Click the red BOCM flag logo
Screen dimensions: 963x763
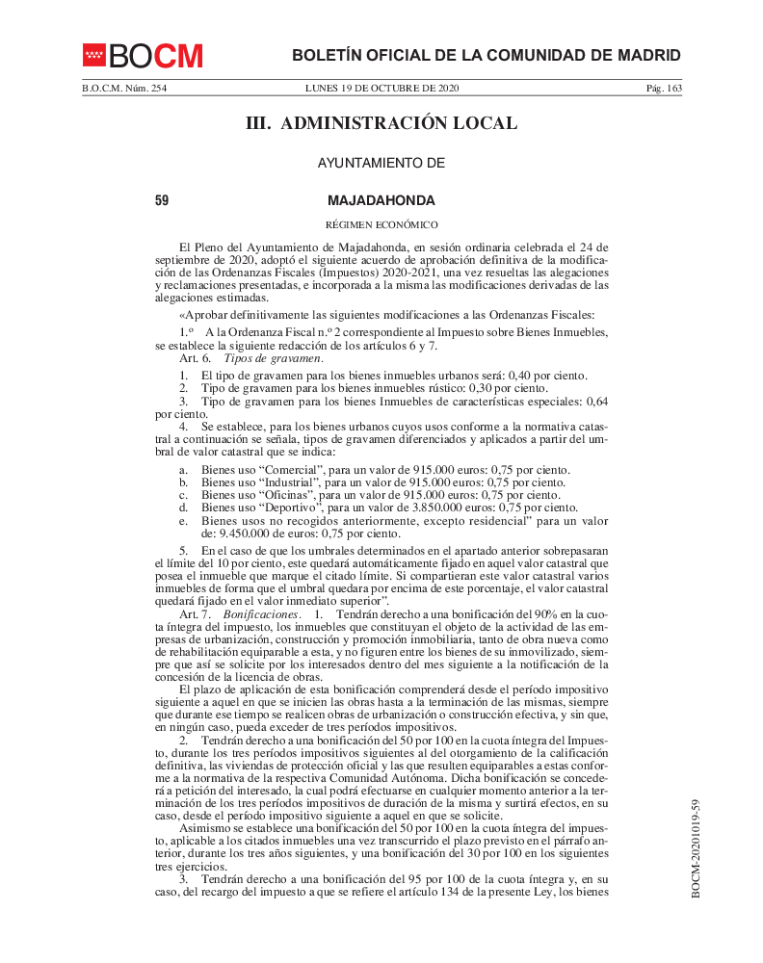tap(93, 55)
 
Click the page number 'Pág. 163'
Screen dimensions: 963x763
tap(664, 89)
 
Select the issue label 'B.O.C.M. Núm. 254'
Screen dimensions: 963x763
tap(124, 89)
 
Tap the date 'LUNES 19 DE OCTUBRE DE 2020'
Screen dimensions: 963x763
tap(381, 89)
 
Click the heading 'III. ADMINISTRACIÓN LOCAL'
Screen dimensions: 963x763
tap(381, 123)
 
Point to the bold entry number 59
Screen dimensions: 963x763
tap(162, 200)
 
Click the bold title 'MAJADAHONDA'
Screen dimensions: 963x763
tap(381, 200)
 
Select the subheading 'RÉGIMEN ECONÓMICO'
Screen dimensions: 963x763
tap(381, 224)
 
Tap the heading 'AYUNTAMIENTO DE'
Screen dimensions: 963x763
tap(381, 164)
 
